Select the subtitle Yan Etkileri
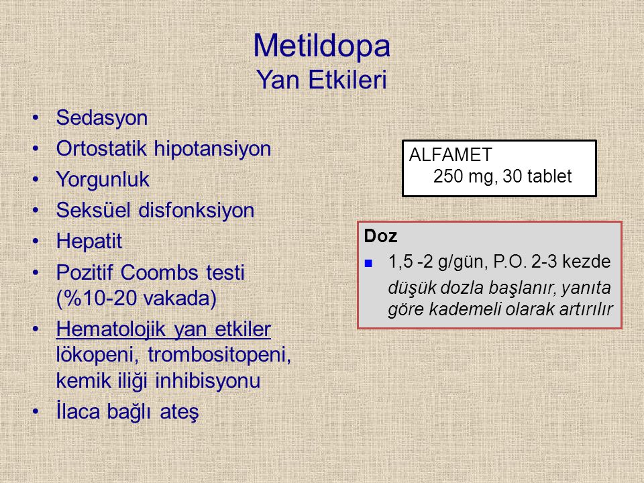click(x=321, y=79)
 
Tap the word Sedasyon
click(x=102, y=118)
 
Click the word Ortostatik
click(x=101, y=148)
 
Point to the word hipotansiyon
click(x=213, y=149)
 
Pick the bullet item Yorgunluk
click(x=103, y=180)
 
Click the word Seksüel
click(x=94, y=210)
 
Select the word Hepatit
click(x=89, y=241)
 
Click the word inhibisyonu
click(x=207, y=380)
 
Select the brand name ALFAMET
click(x=450, y=155)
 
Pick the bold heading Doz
click(x=380, y=236)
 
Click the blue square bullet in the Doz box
click(x=368, y=263)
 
